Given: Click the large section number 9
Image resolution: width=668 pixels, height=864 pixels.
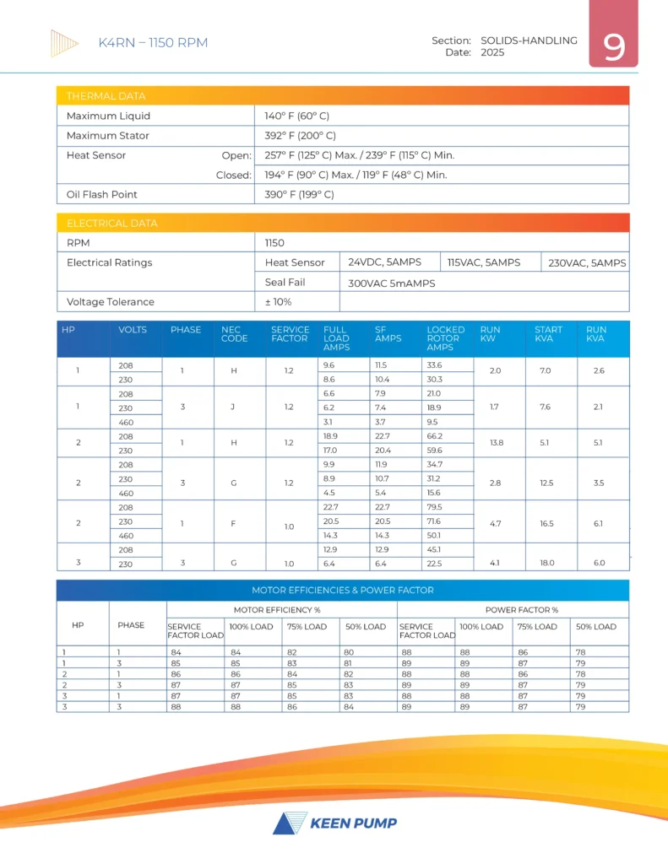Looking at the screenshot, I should pos(614,47).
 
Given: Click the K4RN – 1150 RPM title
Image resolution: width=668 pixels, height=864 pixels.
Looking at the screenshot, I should pos(153,43).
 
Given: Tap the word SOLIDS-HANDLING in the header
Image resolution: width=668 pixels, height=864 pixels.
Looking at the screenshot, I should pos(529,40).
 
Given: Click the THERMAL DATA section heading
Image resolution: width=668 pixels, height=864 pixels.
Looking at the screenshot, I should pos(106,96).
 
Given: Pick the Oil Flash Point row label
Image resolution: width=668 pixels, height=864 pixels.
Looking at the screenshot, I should pos(101,194).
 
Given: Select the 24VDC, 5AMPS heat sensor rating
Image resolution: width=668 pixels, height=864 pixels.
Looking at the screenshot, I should pos(384,262).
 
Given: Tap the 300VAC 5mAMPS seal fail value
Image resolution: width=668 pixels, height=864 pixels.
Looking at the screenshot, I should pos(391,283).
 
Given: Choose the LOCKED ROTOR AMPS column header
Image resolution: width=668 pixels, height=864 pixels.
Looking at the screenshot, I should pos(445,338).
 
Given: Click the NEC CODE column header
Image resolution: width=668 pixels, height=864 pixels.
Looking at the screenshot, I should pos(234,334).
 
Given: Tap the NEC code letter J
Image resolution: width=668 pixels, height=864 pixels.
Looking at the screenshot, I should pos(231,408).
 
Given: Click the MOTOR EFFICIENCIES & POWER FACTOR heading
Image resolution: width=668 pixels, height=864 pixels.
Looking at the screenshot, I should pos(342,590).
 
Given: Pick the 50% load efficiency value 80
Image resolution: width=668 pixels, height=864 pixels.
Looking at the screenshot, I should pos(350,651).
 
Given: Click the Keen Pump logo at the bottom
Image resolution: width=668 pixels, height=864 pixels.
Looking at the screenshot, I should pos(334,823).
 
